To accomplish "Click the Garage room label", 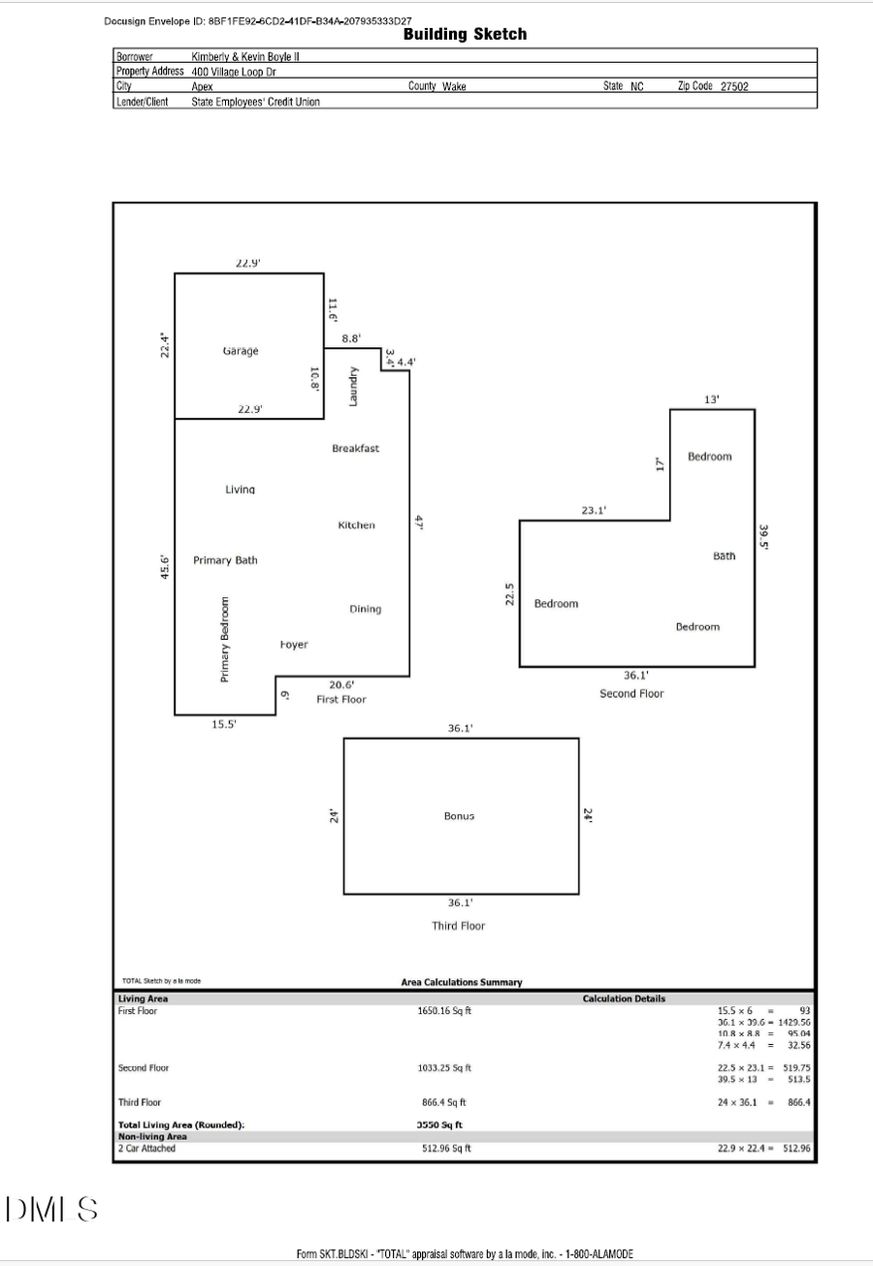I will point(241,350).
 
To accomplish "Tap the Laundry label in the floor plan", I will point(355,386).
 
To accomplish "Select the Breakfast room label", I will point(355,448).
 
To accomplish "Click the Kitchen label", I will point(356,524).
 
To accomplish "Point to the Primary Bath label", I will point(225,560).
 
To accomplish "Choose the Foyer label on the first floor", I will point(294,645).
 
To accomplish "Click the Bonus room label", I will point(459,816).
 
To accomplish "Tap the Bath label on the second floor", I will point(725,555).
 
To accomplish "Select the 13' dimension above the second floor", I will point(712,399).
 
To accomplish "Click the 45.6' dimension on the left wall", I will point(165,567).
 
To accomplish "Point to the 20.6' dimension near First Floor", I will point(341,684).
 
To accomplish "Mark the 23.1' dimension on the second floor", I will point(595,510).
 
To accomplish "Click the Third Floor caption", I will point(458,926).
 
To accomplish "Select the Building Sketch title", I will point(465,34).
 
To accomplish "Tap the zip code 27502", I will point(734,86).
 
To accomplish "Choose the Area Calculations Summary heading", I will point(461,982).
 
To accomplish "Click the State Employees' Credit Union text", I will point(255,101).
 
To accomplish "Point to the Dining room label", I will point(365,609).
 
